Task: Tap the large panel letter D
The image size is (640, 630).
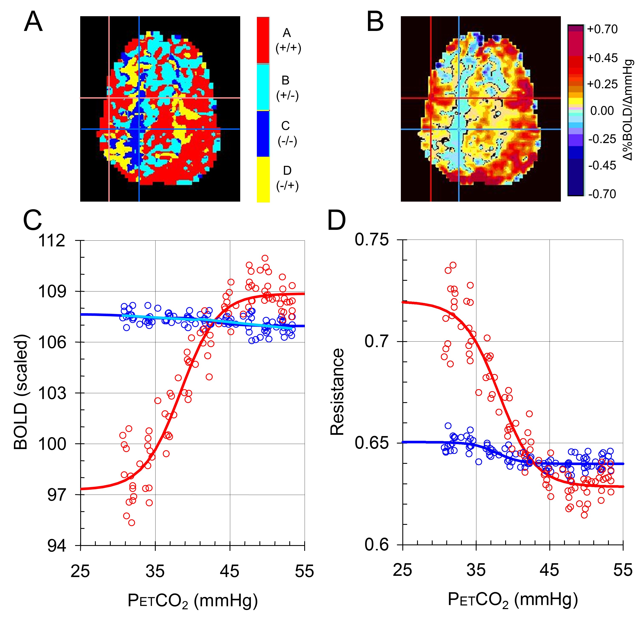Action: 336,221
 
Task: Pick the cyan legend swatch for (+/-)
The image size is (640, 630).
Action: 263,87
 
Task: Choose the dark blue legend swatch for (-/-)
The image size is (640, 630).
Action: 263,133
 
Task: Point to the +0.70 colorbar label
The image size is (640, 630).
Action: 602,29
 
